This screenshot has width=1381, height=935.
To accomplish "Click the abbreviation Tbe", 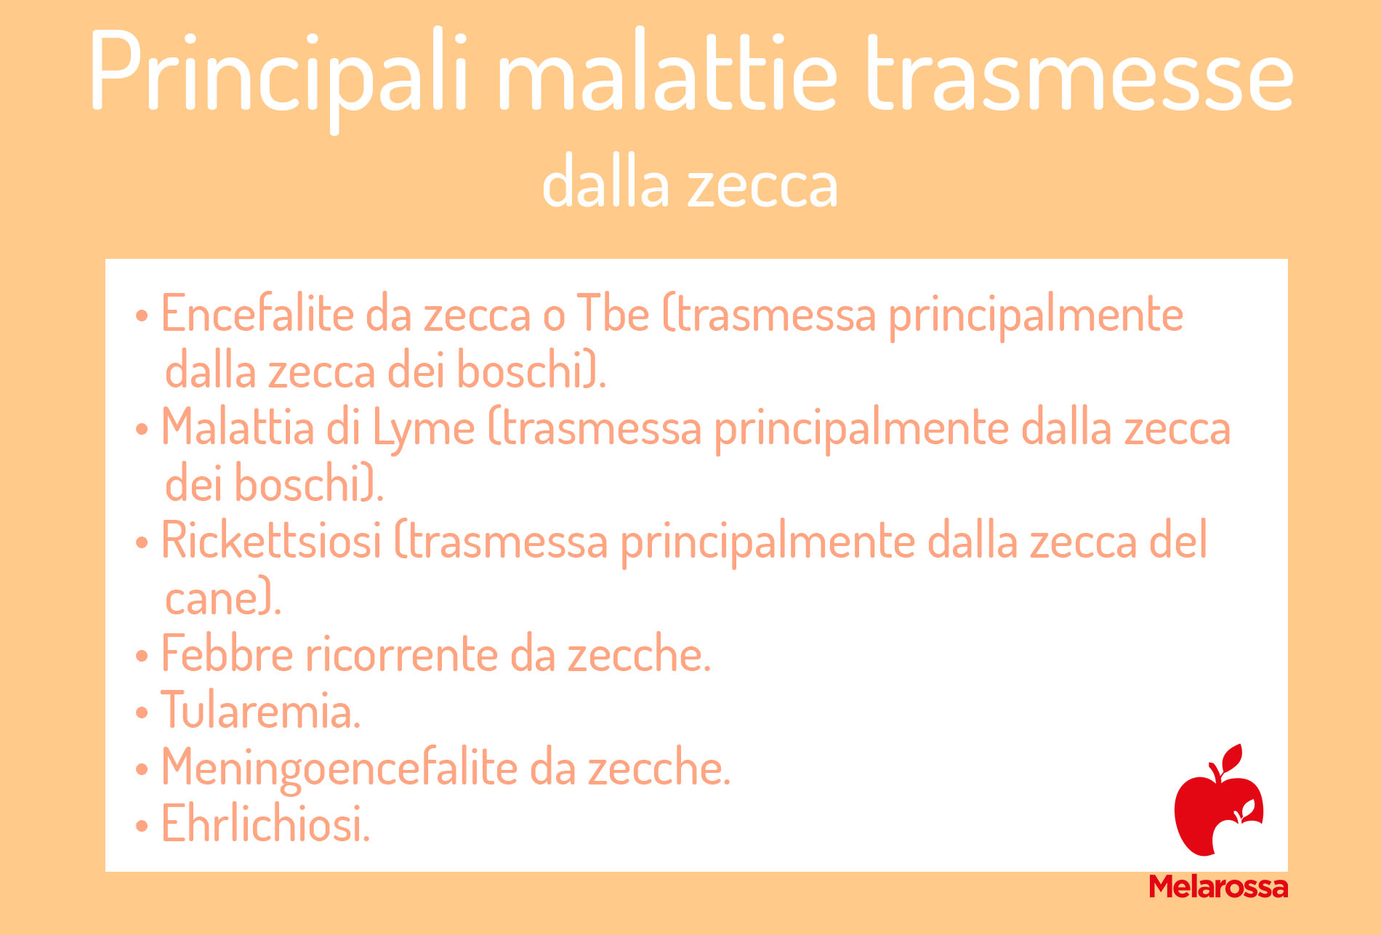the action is click(613, 315).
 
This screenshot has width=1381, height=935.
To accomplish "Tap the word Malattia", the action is click(238, 428).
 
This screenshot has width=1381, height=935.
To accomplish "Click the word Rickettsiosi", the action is click(271, 542).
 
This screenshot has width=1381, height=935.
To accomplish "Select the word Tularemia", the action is click(260, 710).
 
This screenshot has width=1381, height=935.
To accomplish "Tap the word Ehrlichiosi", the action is click(265, 824).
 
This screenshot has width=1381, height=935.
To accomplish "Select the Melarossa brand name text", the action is click(1218, 887).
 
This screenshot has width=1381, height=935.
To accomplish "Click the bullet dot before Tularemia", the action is click(142, 713).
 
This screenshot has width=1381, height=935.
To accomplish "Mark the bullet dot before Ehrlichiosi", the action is click(142, 826).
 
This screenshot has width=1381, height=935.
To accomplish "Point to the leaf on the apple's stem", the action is click(1232, 759).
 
